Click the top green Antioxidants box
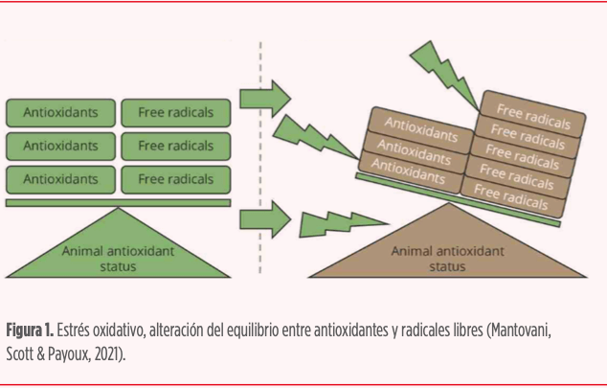pos(60,112)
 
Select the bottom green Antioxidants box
pos(60,179)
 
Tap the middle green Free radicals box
pos(175,146)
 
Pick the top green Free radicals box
pos(175,112)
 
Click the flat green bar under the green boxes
pos(118,202)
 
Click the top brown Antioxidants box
pos(420,128)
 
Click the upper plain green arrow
pos(264,97)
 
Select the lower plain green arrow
pos(264,219)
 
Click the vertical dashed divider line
pos(259,153)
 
